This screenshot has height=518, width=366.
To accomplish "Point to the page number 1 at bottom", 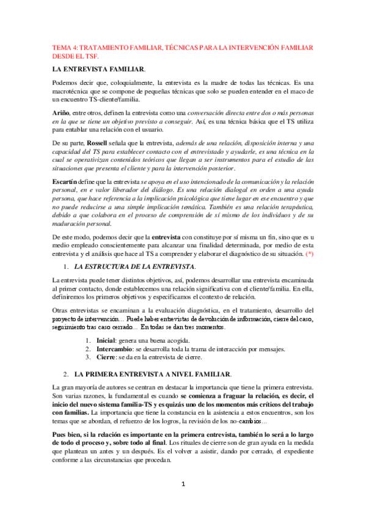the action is pyautogui.click(x=183, y=484).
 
